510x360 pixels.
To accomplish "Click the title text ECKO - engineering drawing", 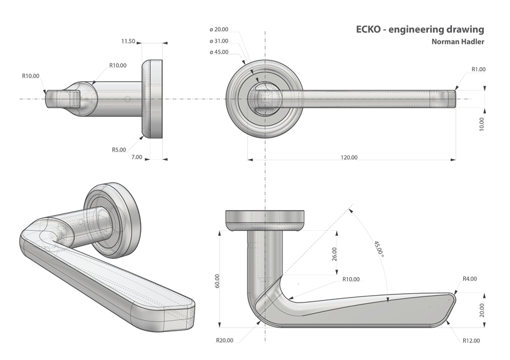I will pos(420,29).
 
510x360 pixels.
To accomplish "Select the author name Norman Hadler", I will pos(458,42).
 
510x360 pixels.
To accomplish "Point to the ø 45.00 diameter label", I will pos(219,52).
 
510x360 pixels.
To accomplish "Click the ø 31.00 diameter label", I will pos(219,41).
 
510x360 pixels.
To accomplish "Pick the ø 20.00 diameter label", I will pos(219,29).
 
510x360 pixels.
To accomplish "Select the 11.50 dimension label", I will pos(128,41).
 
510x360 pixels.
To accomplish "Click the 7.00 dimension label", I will pos(137,157).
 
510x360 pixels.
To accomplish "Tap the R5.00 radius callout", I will pos(118,150).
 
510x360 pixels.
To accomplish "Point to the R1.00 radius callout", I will pos(479,69).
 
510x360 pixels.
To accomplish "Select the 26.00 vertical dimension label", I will pos(335,253).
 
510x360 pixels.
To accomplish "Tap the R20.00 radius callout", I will pos(225,341).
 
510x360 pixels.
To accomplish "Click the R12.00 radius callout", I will pos(471,341).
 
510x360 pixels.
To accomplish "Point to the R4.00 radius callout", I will pos(469,279).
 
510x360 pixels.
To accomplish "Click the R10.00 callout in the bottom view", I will pos(354,279).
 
